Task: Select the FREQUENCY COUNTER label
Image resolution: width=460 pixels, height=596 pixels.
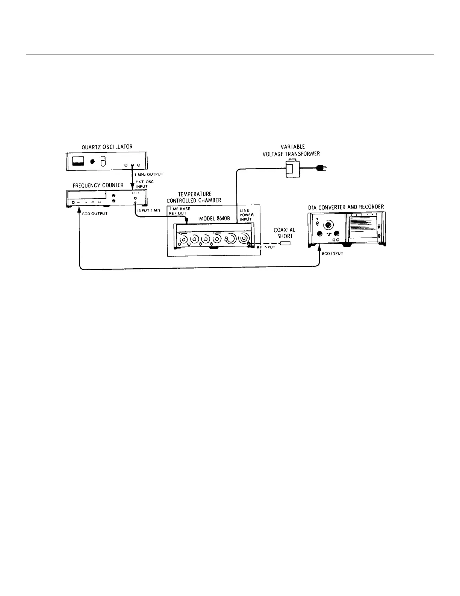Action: coord(98,185)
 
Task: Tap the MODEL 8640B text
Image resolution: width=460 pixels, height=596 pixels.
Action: coord(214,218)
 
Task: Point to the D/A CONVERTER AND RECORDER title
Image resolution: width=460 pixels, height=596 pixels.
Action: coord(346,207)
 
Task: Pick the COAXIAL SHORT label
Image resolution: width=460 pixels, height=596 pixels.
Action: coord(284,233)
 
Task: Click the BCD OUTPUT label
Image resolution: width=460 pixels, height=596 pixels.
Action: coord(95,214)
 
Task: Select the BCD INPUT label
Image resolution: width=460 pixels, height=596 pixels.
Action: coord(332,254)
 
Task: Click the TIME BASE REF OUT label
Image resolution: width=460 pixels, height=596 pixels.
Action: coord(180,211)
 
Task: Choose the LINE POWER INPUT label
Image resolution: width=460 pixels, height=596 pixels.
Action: coord(247,215)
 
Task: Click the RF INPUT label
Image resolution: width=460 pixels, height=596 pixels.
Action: coord(266,248)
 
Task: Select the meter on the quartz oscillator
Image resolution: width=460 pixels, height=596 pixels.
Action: coord(79,162)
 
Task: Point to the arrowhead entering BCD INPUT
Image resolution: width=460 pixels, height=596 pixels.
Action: coord(319,247)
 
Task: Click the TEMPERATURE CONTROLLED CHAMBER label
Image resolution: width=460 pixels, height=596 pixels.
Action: coord(194,197)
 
